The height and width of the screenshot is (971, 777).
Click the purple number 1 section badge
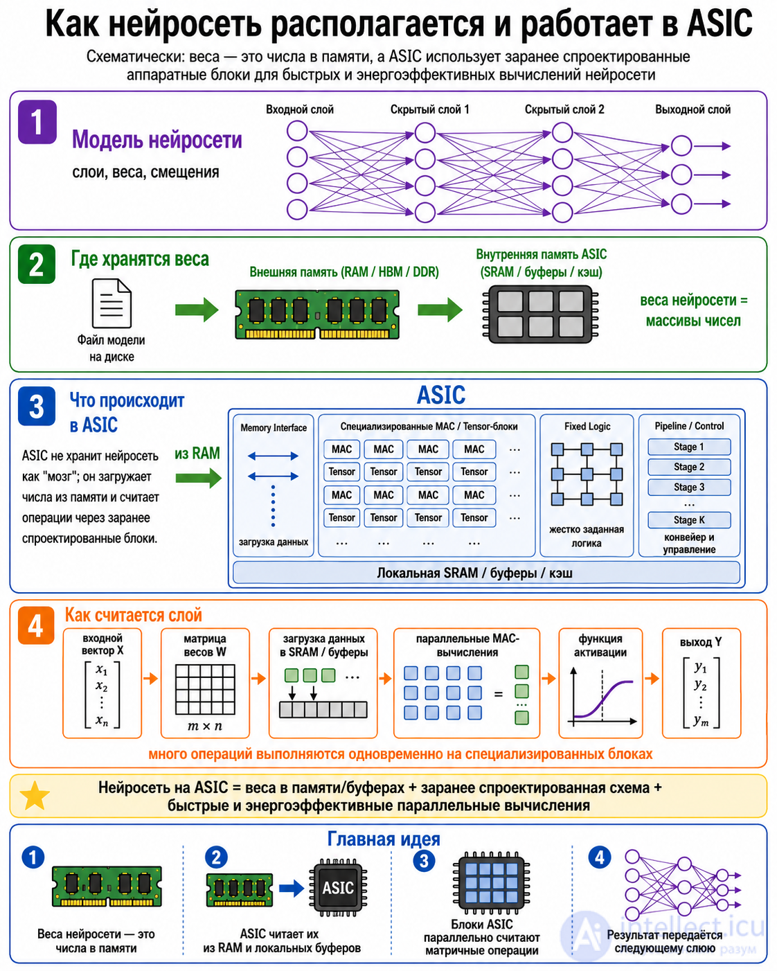(37, 122)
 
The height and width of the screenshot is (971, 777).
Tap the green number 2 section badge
(37, 264)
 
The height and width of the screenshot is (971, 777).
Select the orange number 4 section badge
(36, 625)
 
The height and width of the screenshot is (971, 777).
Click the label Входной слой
(300, 109)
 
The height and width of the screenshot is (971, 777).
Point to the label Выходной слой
(693, 109)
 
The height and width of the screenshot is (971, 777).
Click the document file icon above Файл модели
(111, 303)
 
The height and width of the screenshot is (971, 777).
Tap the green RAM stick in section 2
(317, 314)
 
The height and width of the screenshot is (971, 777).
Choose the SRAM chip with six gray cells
(540, 314)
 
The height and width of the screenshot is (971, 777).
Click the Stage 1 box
(689, 447)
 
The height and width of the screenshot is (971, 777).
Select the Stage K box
(689, 520)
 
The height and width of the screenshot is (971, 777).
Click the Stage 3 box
(689, 488)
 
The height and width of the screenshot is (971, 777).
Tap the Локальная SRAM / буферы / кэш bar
(486, 573)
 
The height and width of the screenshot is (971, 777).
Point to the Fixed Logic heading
(587, 427)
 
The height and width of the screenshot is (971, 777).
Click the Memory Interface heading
(274, 428)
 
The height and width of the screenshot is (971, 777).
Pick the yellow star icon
(35, 796)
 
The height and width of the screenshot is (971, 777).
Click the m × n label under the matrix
(205, 726)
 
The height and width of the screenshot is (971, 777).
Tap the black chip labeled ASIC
(338, 887)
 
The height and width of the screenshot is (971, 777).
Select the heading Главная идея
(384, 839)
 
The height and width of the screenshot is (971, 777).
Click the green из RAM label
(197, 454)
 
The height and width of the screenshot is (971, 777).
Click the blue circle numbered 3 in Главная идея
(424, 861)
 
